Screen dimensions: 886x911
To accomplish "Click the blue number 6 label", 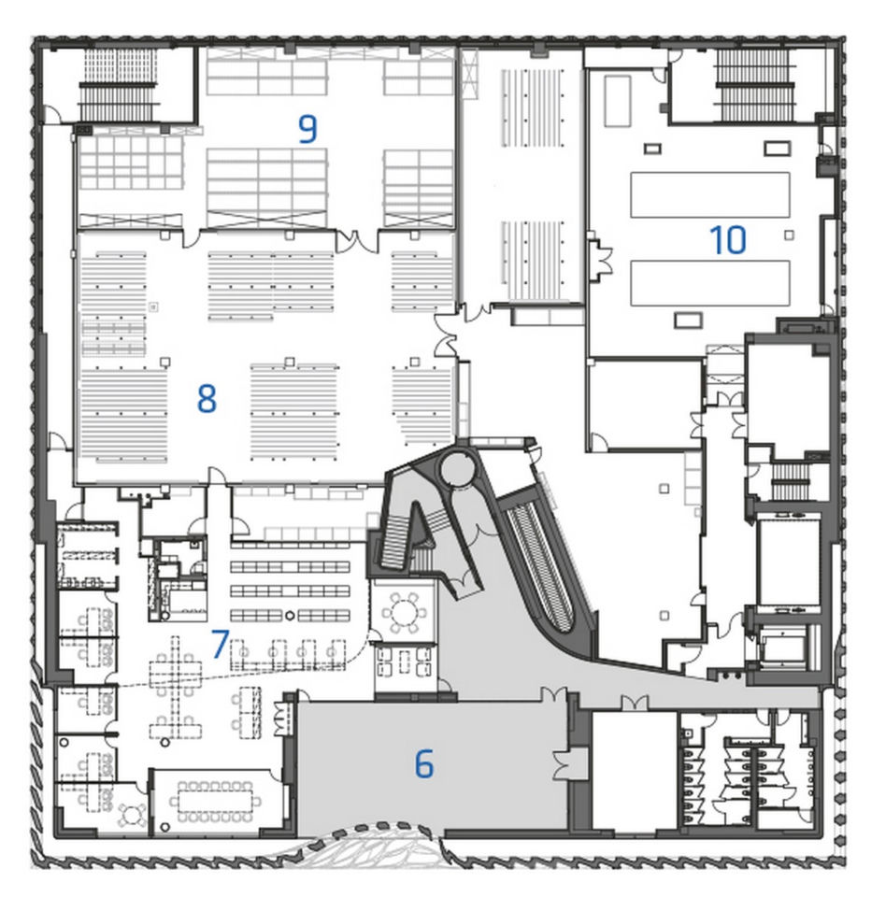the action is click(x=424, y=763).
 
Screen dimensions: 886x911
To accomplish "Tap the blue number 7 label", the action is click(x=221, y=644).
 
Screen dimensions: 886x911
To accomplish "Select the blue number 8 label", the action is click(x=207, y=399).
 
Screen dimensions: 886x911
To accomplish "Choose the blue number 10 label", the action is click(x=728, y=240).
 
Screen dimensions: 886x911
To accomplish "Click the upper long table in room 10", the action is click(x=710, y=194).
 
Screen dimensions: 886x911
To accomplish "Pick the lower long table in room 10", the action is click(x=710, y=283).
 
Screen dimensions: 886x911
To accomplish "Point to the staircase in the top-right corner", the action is click(x=754, y=85).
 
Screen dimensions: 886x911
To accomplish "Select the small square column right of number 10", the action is click(x=789, y=235).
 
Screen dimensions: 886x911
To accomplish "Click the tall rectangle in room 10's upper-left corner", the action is click(x=618, y=101).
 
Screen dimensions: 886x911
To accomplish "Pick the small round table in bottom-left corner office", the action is click(x=133, y=815).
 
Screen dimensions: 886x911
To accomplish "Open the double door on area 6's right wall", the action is click(x=563, y=764).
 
